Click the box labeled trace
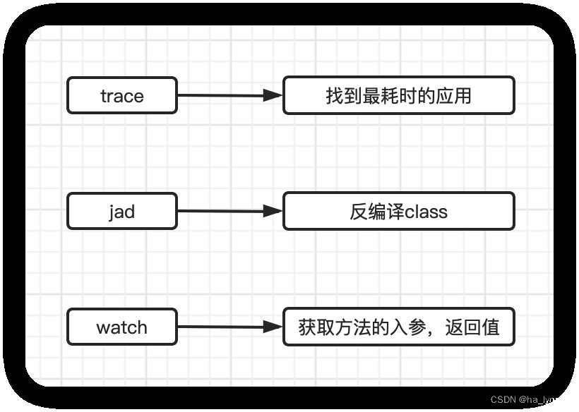121,95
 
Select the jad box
121,211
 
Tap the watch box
121,327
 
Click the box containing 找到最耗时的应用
398,95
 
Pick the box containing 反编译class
398,211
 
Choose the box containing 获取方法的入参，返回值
398,327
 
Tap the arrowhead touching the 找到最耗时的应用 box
273,95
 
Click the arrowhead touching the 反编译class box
273,211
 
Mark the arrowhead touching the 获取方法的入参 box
273,327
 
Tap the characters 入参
408,327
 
